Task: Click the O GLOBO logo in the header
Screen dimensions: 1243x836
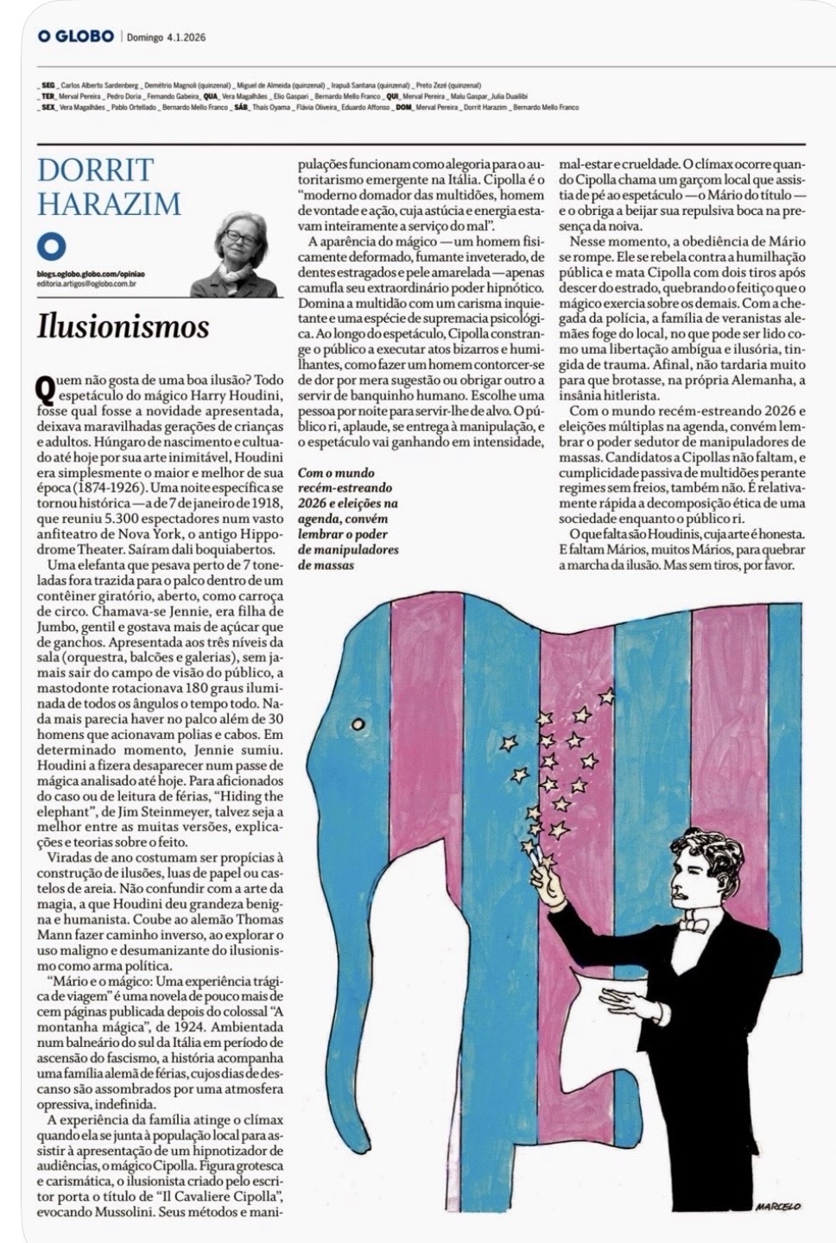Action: point(76,36)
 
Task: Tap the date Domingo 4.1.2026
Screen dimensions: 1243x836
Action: point(166,37)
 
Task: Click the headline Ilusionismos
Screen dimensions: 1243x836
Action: point(123,326)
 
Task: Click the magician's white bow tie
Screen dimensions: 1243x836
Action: point(693,924)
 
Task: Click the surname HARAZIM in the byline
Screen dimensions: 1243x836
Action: point(109,204)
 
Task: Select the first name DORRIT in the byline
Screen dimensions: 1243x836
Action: point(95,169)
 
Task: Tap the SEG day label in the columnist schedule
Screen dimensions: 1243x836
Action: point(48,86)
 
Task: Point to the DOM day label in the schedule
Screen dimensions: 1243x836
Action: point(402,107)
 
